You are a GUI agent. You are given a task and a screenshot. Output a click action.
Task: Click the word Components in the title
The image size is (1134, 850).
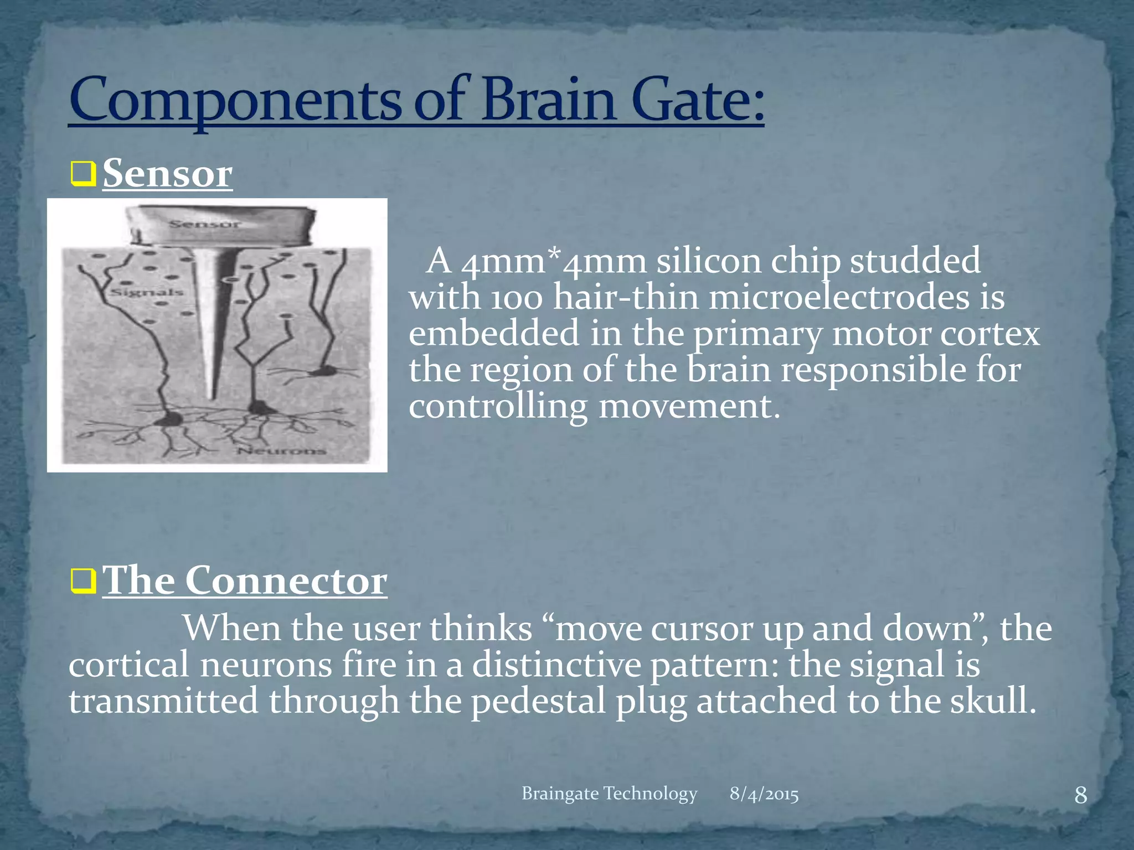235,100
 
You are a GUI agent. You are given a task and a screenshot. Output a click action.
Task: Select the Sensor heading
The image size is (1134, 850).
167,174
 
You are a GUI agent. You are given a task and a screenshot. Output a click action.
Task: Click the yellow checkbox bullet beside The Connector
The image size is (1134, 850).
83,581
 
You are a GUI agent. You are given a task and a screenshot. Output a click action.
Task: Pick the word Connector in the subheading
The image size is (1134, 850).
285,581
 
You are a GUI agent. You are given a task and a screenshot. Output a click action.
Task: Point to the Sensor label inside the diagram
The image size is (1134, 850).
204,224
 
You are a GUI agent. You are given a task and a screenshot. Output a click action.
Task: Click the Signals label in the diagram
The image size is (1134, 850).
147,292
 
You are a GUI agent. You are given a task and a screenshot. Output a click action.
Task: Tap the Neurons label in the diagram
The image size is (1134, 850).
281,451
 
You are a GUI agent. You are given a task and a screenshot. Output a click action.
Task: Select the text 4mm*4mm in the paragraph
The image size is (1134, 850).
554,261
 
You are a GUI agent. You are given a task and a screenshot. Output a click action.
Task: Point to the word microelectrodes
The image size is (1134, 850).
839,298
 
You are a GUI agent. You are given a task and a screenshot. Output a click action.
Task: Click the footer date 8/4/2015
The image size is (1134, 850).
764,794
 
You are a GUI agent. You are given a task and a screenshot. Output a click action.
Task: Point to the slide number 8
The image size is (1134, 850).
1080,796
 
